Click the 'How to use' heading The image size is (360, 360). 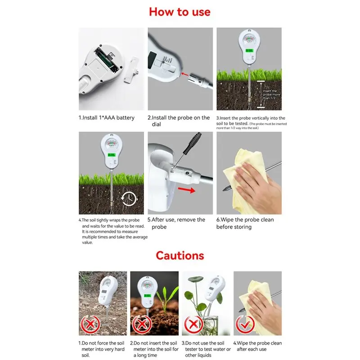(180, 12)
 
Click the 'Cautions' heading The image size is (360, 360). (180, 256)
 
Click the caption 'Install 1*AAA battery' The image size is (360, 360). (107, 118)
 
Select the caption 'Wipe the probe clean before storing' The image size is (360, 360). (245, 223)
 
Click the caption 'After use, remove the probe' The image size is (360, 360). (177, 223)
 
